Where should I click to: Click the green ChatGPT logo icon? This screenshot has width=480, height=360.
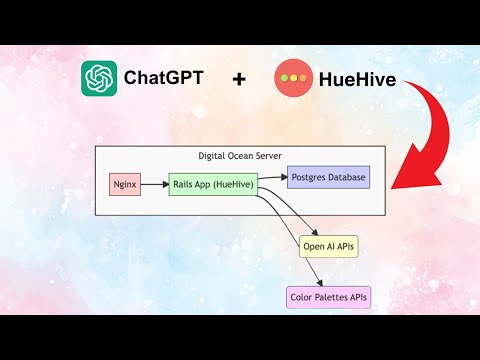[x=100, y=77]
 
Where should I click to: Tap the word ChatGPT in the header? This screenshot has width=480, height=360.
[x=161, y=77]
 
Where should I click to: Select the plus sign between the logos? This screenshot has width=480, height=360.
[x=238, y=79]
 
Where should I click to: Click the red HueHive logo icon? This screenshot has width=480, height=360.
[x=292, y=77]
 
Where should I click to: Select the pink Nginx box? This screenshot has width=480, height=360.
[x=125, y=185]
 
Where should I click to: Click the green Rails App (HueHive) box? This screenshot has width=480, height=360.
[x=212, y=185]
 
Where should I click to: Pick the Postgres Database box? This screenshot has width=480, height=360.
[x=328, y=179]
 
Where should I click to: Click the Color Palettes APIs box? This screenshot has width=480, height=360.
[x=328, y=297]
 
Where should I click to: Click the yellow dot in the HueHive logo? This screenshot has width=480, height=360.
[x=292, y=77]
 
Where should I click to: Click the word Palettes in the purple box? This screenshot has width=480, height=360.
[x=329, y=297]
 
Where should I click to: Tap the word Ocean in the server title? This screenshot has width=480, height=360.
[x=242, y=156]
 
